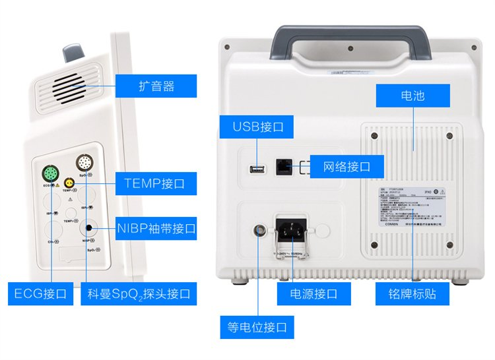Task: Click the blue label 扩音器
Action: point(156,86)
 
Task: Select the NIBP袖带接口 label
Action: point(156,228)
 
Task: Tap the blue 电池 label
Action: point(412,96)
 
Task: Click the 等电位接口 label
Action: point(257,327)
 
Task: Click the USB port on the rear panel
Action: point(256,169)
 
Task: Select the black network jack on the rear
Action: point(284,166)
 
